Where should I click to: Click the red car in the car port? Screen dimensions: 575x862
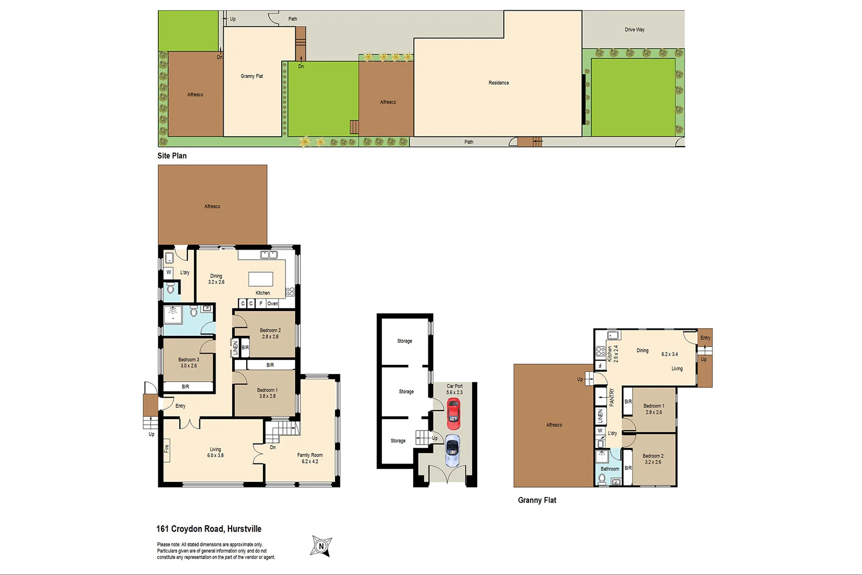pyautogui.click(x=454, y=414)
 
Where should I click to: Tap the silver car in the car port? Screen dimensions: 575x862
pyautogui.click(x=453, y=451)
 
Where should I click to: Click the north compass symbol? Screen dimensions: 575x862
pyautogui.click(x=322, y=546)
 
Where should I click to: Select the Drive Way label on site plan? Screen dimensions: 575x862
pyautogui.click(x=634, y=30)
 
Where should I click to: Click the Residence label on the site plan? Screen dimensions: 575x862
pyautogui.click(x=498, y=83)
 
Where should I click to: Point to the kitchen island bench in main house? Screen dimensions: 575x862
pyautogui.click(x=261, y=279)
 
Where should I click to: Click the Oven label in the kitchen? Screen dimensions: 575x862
pyautogui.click(x=273, y=303)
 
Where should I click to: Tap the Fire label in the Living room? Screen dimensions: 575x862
pyautogui.click(x=166, y=448)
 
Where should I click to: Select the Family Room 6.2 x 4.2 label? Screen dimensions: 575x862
pyautogui.click(x=310, y=458)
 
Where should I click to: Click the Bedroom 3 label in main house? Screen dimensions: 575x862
pyautogui.click(x=189, y=362)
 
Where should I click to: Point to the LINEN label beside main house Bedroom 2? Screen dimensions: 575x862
pyautogui.click(x=235, y=348)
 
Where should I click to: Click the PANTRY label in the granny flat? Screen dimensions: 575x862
pyautogui.click(x=611, y=398)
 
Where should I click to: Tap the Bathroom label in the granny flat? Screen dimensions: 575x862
pyautogui.click(x=610, y=469)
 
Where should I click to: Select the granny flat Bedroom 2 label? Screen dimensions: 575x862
pyautogui.click(x=653, y=459)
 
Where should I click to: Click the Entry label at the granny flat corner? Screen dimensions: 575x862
pyautogui.click(x=705, y=338)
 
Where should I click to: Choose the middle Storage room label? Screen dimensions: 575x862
pyautogui.click(x=406, y=392)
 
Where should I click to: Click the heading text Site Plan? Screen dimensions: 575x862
pyautogui.click(x=172, y=156)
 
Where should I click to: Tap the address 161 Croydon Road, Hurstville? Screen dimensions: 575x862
pyautogui.click(x=209, y=529)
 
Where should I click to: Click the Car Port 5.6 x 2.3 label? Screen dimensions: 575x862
pyautogui.click(x=454, y=389)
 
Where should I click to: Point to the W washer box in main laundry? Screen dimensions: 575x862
pyautogui.click(x=169, y=273)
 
